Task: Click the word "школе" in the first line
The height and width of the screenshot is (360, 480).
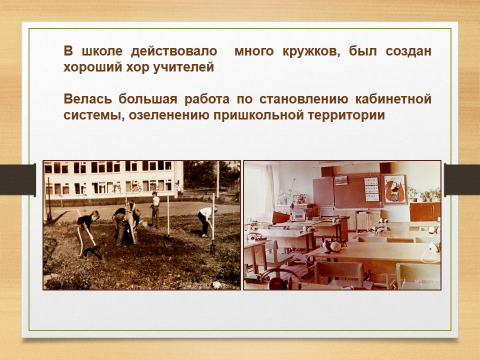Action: [x=102, y=51]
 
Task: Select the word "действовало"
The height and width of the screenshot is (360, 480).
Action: [x=174, y=51]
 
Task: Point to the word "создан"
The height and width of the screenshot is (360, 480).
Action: [x=408, y=51]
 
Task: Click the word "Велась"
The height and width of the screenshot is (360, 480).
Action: [x=87, y=99]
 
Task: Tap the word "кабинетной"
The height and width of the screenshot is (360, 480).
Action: [x=393, y=99]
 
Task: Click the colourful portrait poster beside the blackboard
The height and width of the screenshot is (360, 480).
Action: [x=394, y=190]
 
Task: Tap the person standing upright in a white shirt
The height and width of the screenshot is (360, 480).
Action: [x=155, y=209]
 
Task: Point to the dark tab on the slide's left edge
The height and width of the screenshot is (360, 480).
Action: [x=18, y=179]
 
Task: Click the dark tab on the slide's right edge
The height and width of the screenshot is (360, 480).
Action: [x=462, y=179]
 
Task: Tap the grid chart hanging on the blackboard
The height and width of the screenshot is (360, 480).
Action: [x=371, y=189]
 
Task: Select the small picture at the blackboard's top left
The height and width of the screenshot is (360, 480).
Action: [x=341, y=180]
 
